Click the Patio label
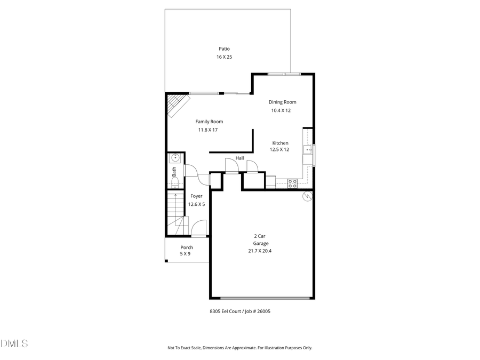224,49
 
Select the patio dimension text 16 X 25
224,57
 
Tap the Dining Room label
282,102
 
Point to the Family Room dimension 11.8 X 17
208,130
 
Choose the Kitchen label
281,143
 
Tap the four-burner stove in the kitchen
292,183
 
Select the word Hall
239,158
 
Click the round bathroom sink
175,158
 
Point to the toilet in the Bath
174,183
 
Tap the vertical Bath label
174,172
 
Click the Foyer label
196,196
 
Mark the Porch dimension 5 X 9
185,254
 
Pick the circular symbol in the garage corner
307,196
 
